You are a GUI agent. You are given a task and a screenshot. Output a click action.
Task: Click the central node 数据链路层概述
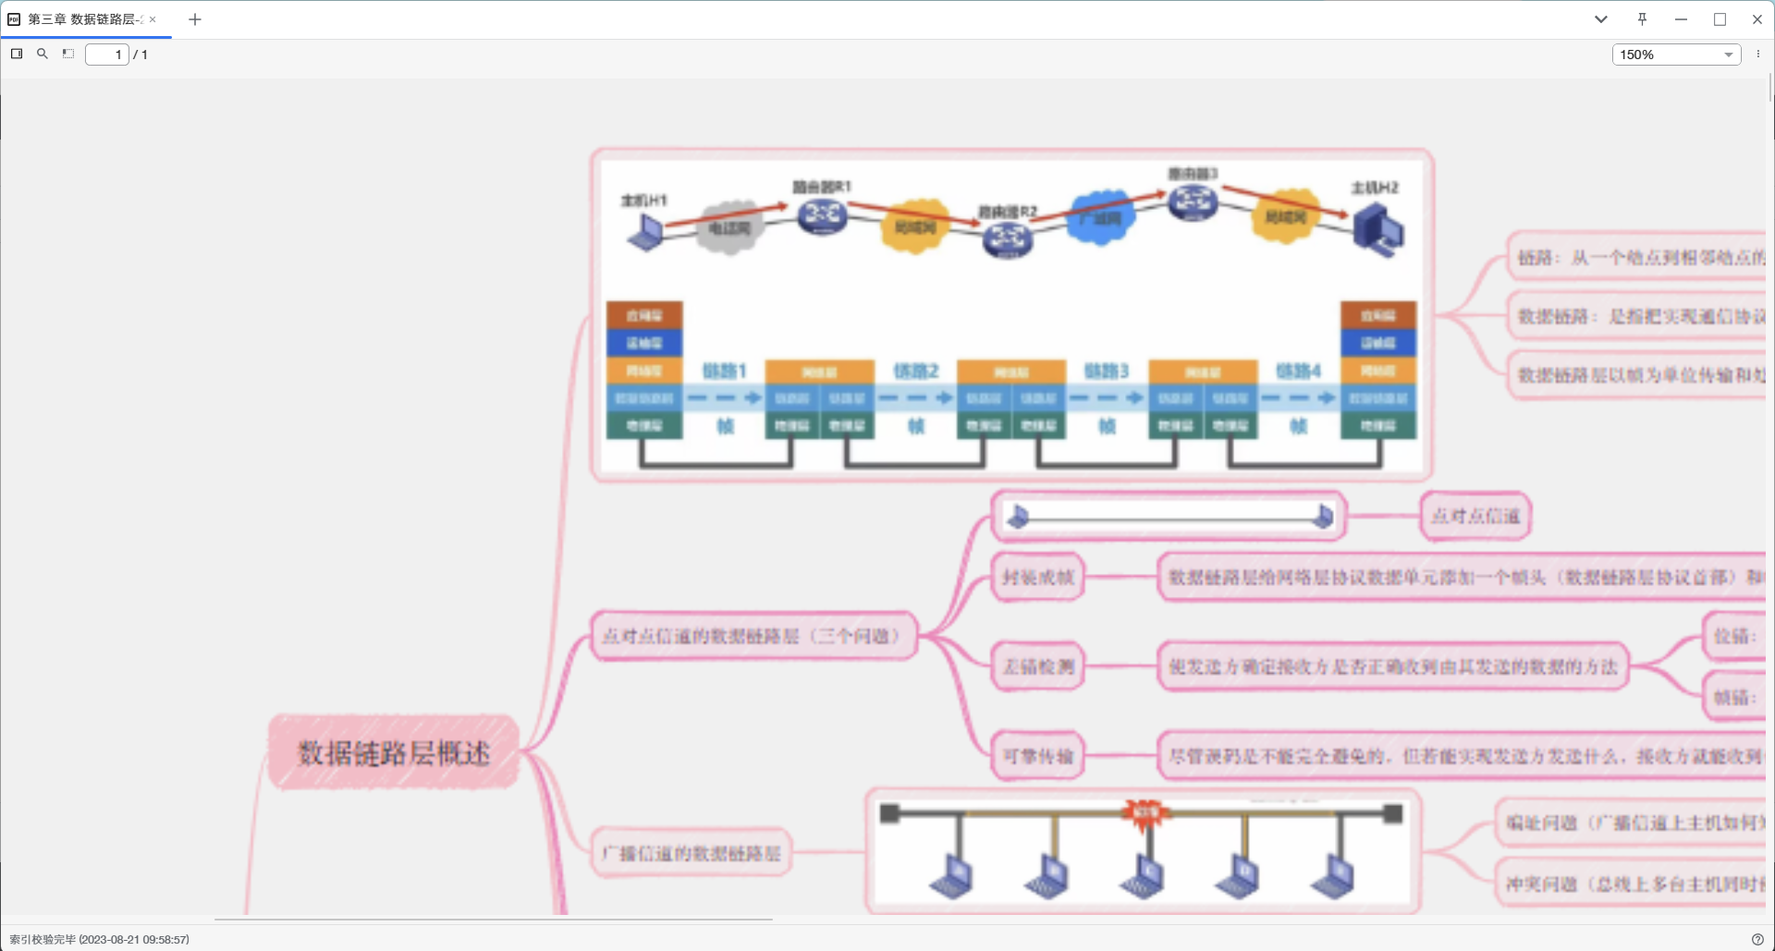click(x=393, y=752)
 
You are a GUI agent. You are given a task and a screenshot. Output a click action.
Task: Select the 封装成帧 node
click(x=1037, y=578)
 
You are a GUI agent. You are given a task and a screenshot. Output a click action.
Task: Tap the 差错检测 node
click(x=1037, y=666)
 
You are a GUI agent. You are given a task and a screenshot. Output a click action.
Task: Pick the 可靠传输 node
click(x=1037, y=756)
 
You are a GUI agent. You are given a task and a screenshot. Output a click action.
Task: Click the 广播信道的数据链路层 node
click(x=691, y=853)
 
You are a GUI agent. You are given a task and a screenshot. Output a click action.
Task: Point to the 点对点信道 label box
click(x=1475, y=516)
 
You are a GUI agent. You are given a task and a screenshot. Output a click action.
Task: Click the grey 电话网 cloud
click(x=729, y=226)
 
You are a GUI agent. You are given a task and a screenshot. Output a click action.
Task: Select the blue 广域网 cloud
click(x=1099, y=218)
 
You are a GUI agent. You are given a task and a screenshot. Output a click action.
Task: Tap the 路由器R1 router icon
click(x=822, y=216)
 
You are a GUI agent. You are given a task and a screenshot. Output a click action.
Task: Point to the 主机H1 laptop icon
click(x=645, y=232)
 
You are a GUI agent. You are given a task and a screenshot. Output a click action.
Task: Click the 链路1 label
click(x=724, y=371)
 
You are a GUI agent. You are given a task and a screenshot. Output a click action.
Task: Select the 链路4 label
click(x=1298, y=371)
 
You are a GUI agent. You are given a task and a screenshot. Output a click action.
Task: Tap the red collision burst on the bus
click(x=1145, y=812)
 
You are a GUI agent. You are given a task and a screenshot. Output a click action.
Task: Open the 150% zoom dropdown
click(x=1676, y=55)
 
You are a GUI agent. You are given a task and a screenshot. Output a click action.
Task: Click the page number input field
click(x=106, y=55)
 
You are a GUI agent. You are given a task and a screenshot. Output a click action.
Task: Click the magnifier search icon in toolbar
click(x=43, y=54)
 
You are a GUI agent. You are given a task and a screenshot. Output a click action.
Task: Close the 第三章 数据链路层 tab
click(x=153, y=19)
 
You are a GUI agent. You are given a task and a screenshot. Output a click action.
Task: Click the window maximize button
click(x=1720, y=19)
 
